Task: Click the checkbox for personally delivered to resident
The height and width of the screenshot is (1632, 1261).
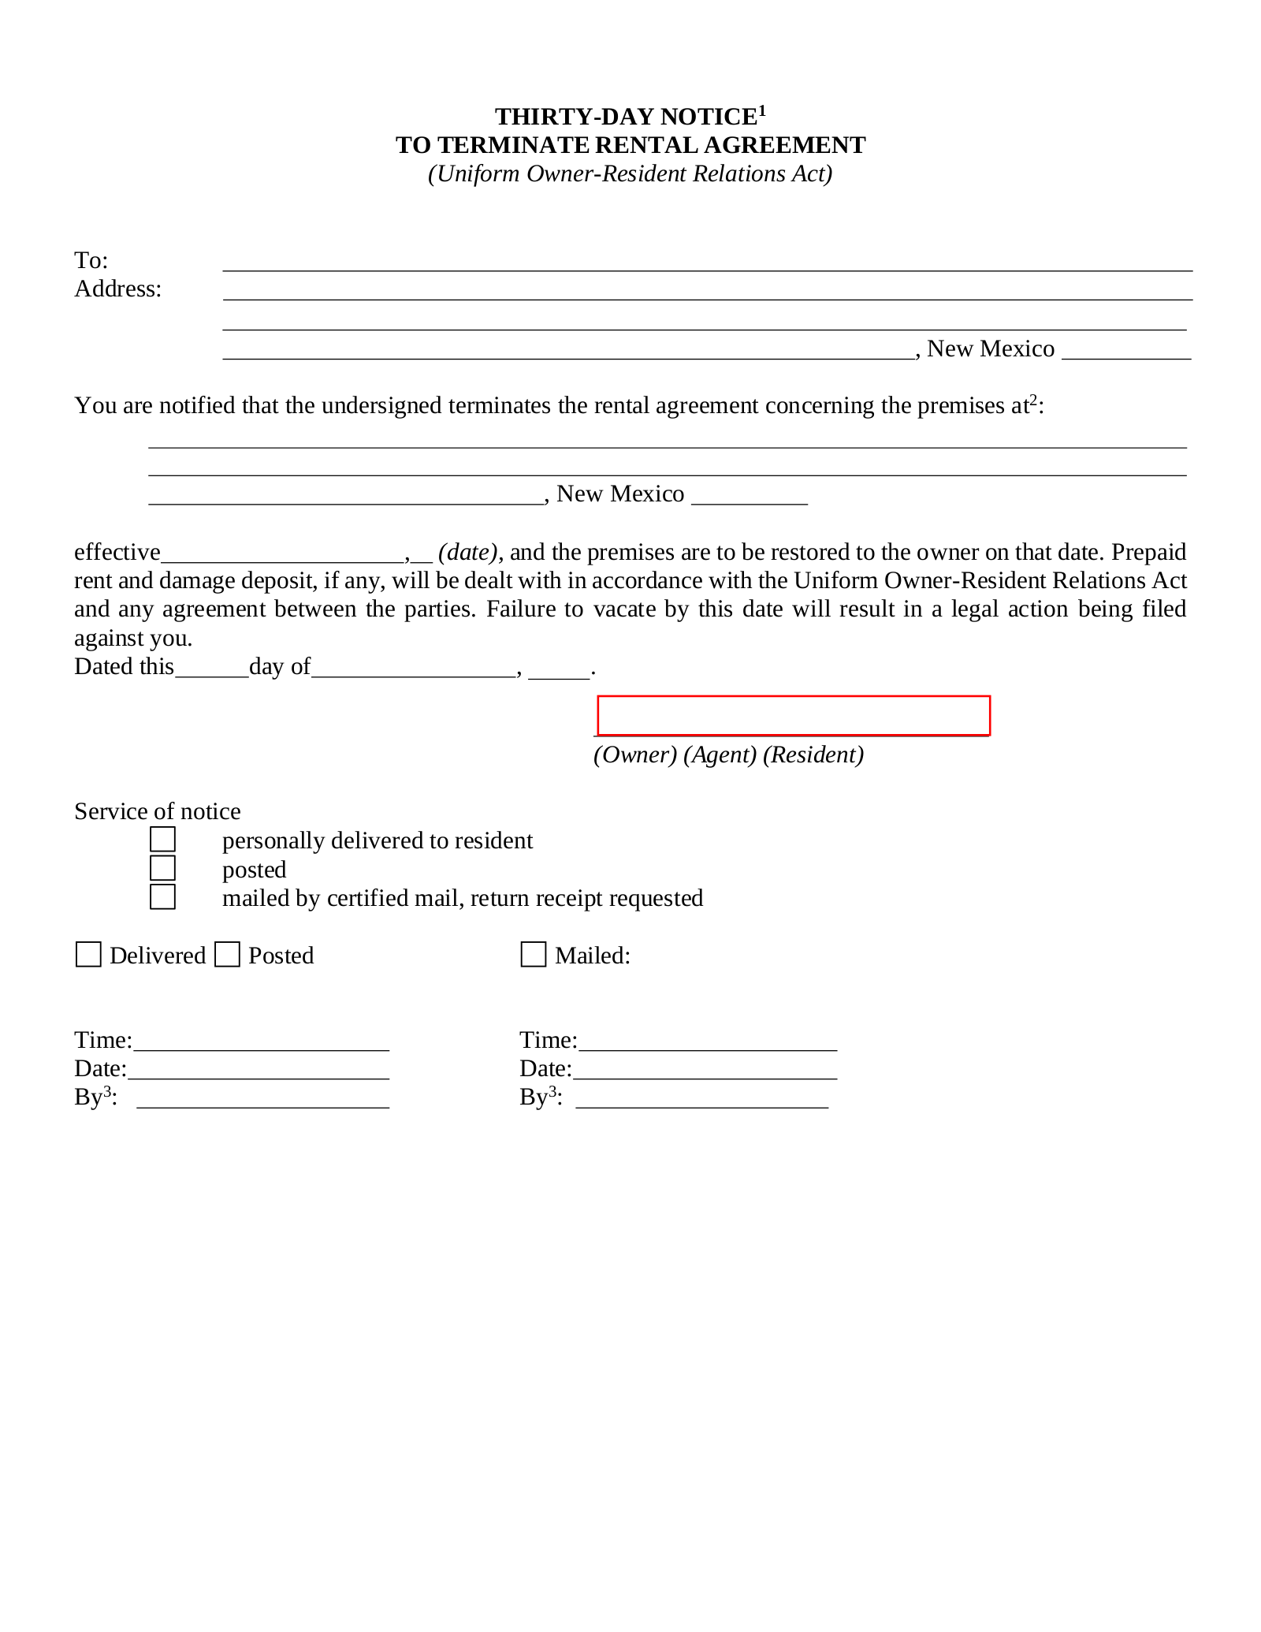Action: point(162,839)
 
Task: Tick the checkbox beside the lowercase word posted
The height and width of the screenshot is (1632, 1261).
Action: point(162,868)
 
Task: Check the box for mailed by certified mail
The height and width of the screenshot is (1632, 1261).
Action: point(162,897)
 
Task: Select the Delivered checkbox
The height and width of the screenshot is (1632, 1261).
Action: point(88,955)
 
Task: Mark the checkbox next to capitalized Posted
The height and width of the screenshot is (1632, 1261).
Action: point(227,955)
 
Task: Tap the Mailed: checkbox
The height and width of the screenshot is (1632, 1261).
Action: point(534,955)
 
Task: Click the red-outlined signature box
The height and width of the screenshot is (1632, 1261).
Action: point(793,716)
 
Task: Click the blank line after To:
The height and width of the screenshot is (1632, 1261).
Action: point(707,263)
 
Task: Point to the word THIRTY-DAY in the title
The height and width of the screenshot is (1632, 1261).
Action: point(575,117)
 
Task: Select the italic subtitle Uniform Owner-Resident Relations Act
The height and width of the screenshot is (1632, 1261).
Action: point(630,173)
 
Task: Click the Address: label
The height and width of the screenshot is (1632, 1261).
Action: point(117,289)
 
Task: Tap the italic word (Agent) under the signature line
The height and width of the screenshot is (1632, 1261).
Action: point(720,755)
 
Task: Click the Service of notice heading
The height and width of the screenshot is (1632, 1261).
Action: point(157,811)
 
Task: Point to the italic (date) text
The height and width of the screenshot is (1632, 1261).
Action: point(468,552)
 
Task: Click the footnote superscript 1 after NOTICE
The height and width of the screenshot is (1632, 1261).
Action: point(762,110)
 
